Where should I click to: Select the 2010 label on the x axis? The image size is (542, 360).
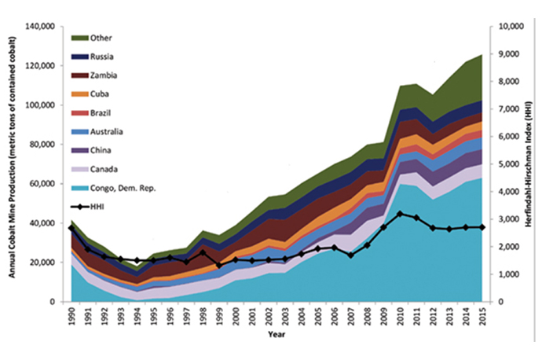401,317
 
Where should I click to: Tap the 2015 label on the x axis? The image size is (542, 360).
483,317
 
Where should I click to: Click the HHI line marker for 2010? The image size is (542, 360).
401,213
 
